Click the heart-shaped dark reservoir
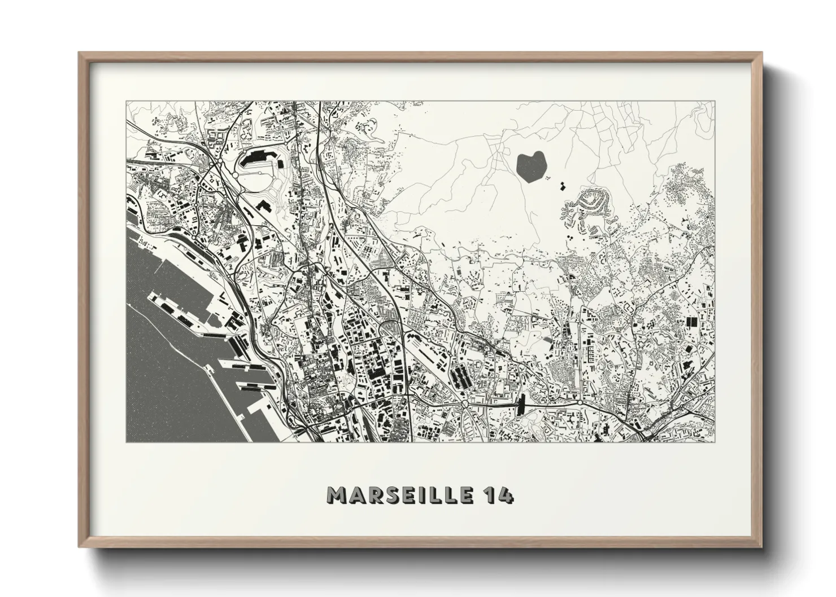(x=531, y=166)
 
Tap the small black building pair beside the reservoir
(x=562, y=186)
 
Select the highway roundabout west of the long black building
(x=465, y=404)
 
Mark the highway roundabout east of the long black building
(x=580, y=404)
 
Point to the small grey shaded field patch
(x=547, y=340)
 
